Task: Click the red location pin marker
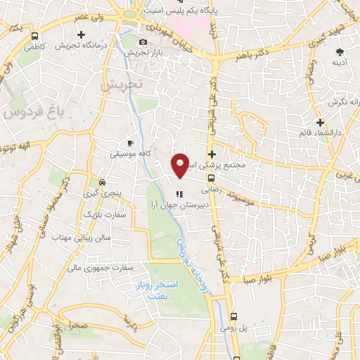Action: pyautogui.click(x=181, y=165)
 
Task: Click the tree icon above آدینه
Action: pyautogui.click(x=340, y=52)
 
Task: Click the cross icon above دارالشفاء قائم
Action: pyautogui.click(x=319, y=122)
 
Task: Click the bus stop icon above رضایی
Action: pyautogui.click(x=212, y=179)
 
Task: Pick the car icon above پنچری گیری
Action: pyautogui.click(x=103, y=179)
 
